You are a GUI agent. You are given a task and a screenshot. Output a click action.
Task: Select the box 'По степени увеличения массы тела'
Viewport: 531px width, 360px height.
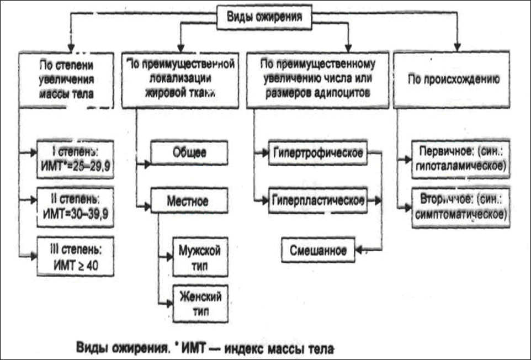pos(66,79)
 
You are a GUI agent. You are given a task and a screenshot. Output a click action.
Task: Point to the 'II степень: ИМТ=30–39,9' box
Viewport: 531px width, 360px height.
pos(75,202)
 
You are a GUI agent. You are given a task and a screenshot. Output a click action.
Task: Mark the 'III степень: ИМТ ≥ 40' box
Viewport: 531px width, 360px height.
pos(75,252)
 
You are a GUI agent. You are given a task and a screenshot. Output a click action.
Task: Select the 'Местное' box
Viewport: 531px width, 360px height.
pos(188,202)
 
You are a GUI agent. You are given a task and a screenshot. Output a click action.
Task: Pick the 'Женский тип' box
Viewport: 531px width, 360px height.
pos(199,304)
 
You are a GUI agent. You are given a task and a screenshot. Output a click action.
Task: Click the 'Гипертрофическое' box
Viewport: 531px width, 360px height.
pos(316,152)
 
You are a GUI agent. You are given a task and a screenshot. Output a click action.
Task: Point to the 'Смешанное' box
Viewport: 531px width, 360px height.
pos(319,250)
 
